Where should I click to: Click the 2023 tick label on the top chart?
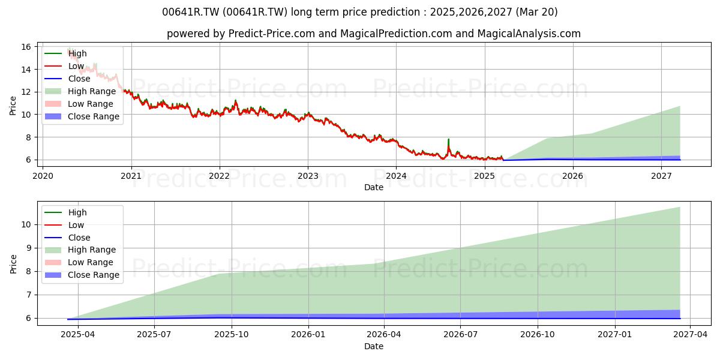click(x=308, y=176)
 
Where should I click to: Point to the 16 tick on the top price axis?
click(x=26, y=47)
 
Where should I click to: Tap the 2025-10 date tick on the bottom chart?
click(x=232, y=335)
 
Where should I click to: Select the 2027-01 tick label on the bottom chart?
click(x=614, y=335)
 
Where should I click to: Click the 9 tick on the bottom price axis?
click(x=28, y=248)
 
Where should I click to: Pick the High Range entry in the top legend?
click(x=80, y=91)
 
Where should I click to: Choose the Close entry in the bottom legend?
click(x=67, y=238)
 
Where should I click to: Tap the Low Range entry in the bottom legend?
click(x=79, y=262)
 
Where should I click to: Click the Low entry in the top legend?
click(x=64, y=66)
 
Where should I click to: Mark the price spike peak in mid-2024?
click(x=448, y=139)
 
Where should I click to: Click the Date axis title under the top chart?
click(x=373, y=187)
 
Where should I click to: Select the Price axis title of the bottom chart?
click(x=13, y=264)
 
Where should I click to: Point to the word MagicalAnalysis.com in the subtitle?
click(x=529, y=34)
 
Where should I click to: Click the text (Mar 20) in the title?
click(x=536, y=12)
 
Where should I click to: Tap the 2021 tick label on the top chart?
click(x=131, y=176)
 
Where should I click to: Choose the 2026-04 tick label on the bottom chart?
click(x=384, y=335)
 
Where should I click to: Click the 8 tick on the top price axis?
click(x=28, y=137)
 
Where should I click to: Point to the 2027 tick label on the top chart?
click(x=661, y=176)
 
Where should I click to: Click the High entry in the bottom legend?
click(x=65, y=212)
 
